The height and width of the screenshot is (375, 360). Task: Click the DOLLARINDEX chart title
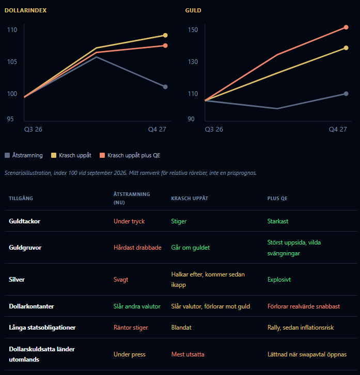pos(26,10)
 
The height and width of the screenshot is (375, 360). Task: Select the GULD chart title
pos(193,10)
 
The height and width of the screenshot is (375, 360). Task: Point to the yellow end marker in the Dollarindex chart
pos(165,36)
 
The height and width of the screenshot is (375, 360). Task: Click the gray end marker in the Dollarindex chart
pos(165,87)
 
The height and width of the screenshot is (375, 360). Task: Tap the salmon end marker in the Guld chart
pos(346,27)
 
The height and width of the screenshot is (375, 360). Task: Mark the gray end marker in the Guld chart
pos(346,94)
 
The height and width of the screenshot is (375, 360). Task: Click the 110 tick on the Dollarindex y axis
pos(12,30)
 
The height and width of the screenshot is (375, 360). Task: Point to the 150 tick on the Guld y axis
pos(193,30)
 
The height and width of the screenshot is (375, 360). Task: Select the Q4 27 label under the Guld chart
pos(338,129)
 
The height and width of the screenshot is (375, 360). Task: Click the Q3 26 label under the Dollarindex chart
pos(33,129)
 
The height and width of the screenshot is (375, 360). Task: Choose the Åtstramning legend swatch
pos(7,155)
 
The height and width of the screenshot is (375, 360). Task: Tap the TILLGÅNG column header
pos(21,198)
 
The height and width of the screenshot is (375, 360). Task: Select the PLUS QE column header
pos(277,198)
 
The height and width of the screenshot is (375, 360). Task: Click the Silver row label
pos(17,280)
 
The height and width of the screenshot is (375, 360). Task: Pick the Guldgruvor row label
pos(25,248)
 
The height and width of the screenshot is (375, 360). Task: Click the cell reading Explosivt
pos(279,280)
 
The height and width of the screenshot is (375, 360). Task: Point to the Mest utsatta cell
pos(188,354)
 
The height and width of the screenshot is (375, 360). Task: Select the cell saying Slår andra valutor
pos(137,306)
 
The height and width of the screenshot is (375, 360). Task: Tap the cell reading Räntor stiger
pos(131,328)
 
